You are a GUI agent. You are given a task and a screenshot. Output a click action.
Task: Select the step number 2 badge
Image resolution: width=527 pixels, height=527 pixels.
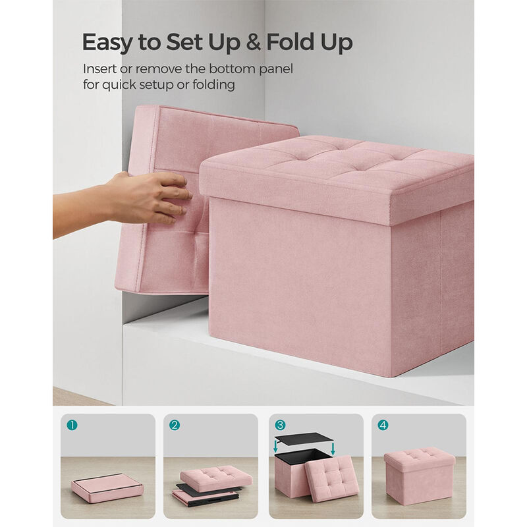(x=175, y=425)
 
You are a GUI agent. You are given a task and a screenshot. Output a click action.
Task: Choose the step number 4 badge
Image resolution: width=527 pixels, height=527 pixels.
(x=383, y=425)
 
